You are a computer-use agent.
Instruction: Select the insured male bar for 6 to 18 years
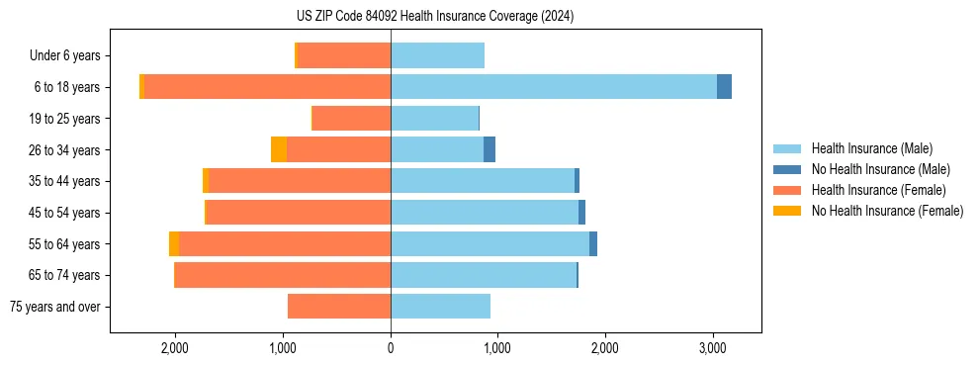[x=554, y=87]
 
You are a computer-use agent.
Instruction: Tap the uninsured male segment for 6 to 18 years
[x=724, y=87]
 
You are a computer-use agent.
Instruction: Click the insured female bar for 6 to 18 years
[x=267, y=87]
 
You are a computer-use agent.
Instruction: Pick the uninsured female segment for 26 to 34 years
[x=279, y=149]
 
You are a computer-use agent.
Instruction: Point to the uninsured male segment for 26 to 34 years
[x=489, y=149]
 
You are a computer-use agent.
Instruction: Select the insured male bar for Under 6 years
[x=437, y=55]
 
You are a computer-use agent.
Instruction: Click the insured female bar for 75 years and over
[x=339, y=307]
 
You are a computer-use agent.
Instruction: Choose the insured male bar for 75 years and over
[x=440, y=307]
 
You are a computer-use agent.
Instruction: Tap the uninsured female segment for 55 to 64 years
[x=174, y=244]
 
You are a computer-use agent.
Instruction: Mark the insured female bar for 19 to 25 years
[x=351, y=119]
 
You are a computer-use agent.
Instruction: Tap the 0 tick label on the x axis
[x=391, y=348]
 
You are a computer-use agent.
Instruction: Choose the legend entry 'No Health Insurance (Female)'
[x=887, y=211]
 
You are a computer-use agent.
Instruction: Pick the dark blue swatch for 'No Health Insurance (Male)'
[x=787, y=169]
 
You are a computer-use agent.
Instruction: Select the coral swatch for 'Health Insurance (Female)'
[x=787, y=190]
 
